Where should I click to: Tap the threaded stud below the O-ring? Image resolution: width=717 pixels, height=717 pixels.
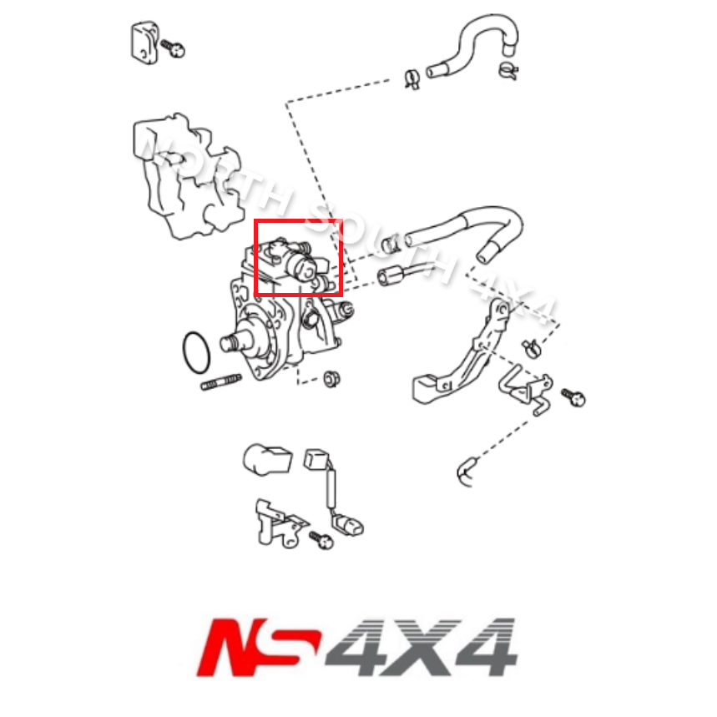point(220,382)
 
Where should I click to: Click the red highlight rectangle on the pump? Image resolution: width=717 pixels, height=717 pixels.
point(298,222)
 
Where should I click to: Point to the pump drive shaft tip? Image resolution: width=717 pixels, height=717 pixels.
point(226,342)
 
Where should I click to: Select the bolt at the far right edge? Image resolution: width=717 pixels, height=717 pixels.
point(573,396)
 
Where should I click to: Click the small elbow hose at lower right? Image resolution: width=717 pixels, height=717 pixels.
point(466,472)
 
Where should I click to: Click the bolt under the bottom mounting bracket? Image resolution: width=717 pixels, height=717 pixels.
point(321,540)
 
